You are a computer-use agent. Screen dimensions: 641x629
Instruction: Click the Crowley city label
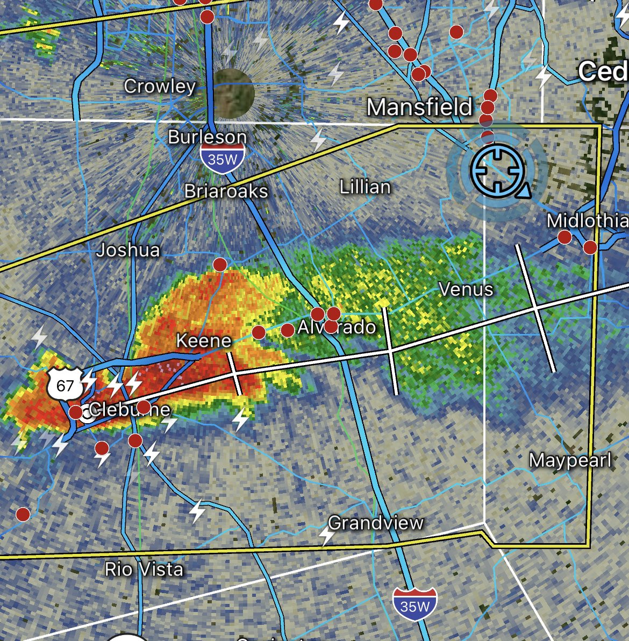(160, 86)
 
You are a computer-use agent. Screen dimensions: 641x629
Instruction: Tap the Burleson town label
(207, 137)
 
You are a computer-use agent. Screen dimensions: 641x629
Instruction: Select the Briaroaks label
(226, 190)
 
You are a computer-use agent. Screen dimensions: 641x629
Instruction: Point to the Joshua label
(128, 250)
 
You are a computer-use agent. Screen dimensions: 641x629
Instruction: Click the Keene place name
(204, 340)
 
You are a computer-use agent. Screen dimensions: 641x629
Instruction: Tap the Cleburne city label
(130, 410)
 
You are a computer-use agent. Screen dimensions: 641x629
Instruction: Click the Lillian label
(365, 187)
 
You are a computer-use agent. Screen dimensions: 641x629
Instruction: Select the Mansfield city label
(419, 107)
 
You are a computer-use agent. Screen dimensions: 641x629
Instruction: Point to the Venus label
(466, 289)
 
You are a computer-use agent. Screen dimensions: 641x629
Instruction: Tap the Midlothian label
(587, 220)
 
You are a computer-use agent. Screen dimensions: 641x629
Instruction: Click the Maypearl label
(570, 460)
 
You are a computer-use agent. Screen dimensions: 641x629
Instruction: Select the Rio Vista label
(144, 569)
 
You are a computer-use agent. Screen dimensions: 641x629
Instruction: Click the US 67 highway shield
(65, 384)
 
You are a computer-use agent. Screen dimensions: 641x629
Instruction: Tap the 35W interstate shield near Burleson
(222, 160)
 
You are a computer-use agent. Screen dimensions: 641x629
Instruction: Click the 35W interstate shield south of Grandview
(414, 606)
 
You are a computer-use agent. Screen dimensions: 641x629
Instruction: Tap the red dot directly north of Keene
(220, 264)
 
